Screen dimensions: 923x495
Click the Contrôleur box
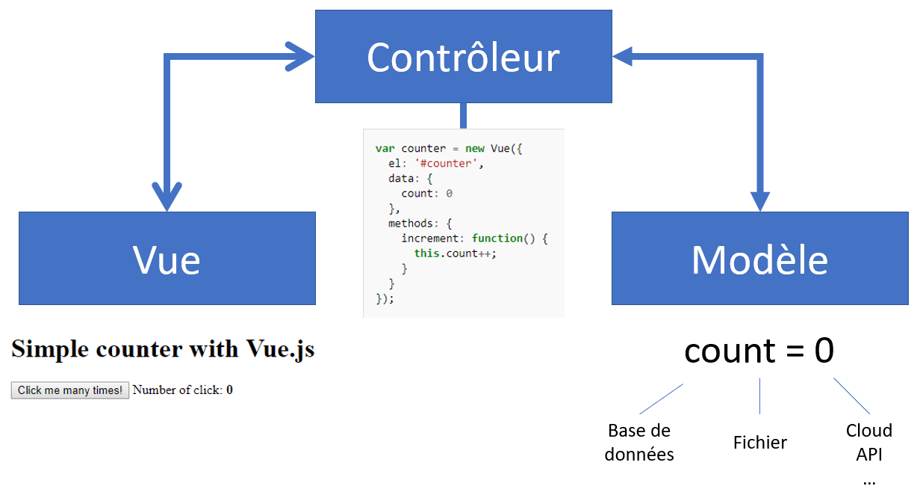point(464,57)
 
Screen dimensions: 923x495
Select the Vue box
point(167,258)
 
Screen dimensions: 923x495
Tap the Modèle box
point(759,258)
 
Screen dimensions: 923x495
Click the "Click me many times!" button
point(70,390)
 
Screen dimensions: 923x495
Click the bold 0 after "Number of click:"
point(229,390)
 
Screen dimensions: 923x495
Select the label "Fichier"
point(759,443)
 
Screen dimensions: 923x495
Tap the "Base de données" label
point(639,443)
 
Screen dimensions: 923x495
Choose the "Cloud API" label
point(869,443)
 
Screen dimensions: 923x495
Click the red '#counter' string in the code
point(445,163)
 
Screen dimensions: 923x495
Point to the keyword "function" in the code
point(497,239)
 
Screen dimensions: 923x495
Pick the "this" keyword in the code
point(426,253)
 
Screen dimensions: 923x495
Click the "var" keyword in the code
point(385,149)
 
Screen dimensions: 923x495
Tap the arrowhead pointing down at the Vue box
point(167,197)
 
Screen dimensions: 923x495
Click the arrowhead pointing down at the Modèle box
point(760,202)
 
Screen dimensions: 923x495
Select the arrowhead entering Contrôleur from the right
point(623,57)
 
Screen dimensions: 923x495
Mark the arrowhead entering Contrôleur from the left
point(300,57)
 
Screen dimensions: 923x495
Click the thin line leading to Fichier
point(759,396)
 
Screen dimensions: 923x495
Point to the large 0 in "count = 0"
point(824,350)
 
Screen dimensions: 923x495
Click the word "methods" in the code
point(411,223)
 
